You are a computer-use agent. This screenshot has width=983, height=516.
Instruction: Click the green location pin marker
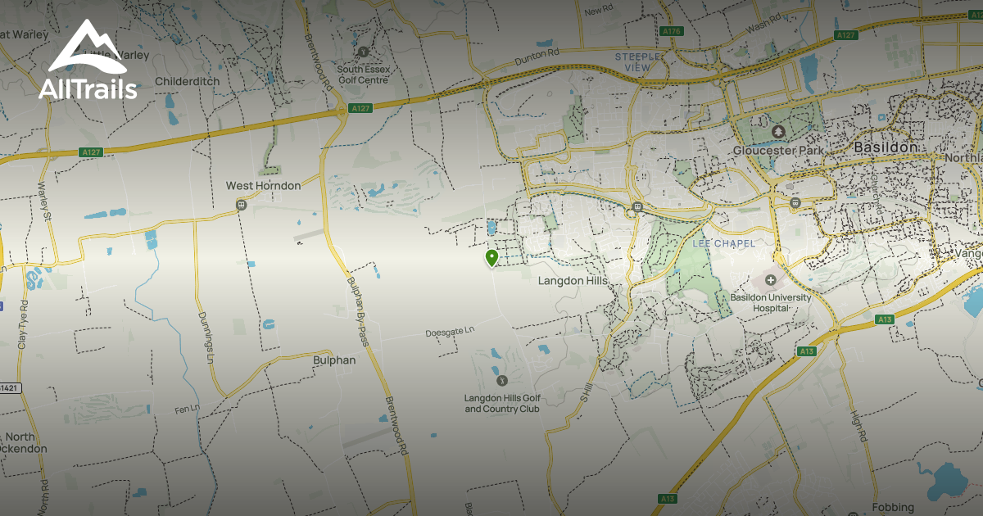(x=491, y=258)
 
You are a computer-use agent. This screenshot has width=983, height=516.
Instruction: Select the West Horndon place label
(x=263, y=186)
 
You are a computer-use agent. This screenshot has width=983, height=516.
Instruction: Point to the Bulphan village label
(x=334, y=360)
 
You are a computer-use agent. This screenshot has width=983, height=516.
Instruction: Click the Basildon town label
(x=885, y=147)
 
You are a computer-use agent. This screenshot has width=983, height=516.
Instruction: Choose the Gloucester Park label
(x=779, y=151)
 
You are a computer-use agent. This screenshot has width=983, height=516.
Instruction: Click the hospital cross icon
(x=770, y=280)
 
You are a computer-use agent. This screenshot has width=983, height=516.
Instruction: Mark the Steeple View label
(x=637, y=62)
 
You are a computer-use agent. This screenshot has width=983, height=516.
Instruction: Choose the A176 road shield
(x=671, y=31)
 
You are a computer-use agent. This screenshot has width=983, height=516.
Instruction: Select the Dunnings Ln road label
(x=206, y=337)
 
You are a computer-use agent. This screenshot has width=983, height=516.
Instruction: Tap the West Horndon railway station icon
(x=241, y=204)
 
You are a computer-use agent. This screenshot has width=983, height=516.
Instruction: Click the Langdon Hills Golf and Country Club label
(x=502, y=403)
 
